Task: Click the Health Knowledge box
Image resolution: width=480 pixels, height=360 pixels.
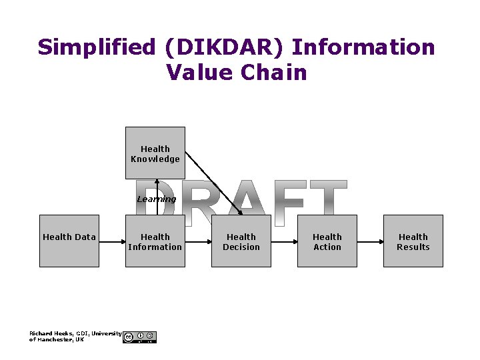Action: click(x=155, y=153)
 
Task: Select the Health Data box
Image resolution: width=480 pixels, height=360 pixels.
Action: click(x=69, y=241)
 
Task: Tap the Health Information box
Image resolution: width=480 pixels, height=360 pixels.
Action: click(x=155, y=241)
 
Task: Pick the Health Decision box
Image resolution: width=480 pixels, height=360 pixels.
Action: click(x=241, y=241)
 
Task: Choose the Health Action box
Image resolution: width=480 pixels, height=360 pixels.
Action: click(x=327, y=241)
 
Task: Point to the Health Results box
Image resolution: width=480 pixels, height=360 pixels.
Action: click(x=413, y=241)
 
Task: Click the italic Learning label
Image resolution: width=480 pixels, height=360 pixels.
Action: click(x=156, y=199)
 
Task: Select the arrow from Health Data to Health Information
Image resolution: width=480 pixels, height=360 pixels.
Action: click(x=113, y=241)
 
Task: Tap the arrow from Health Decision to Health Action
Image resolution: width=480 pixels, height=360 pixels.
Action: click(x=285, y=241)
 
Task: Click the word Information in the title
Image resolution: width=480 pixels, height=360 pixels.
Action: click(x=363, y=48)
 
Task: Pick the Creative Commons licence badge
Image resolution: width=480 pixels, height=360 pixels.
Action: click(x=140, y=337)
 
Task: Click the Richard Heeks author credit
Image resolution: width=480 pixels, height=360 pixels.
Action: click(x=75, y=336)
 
